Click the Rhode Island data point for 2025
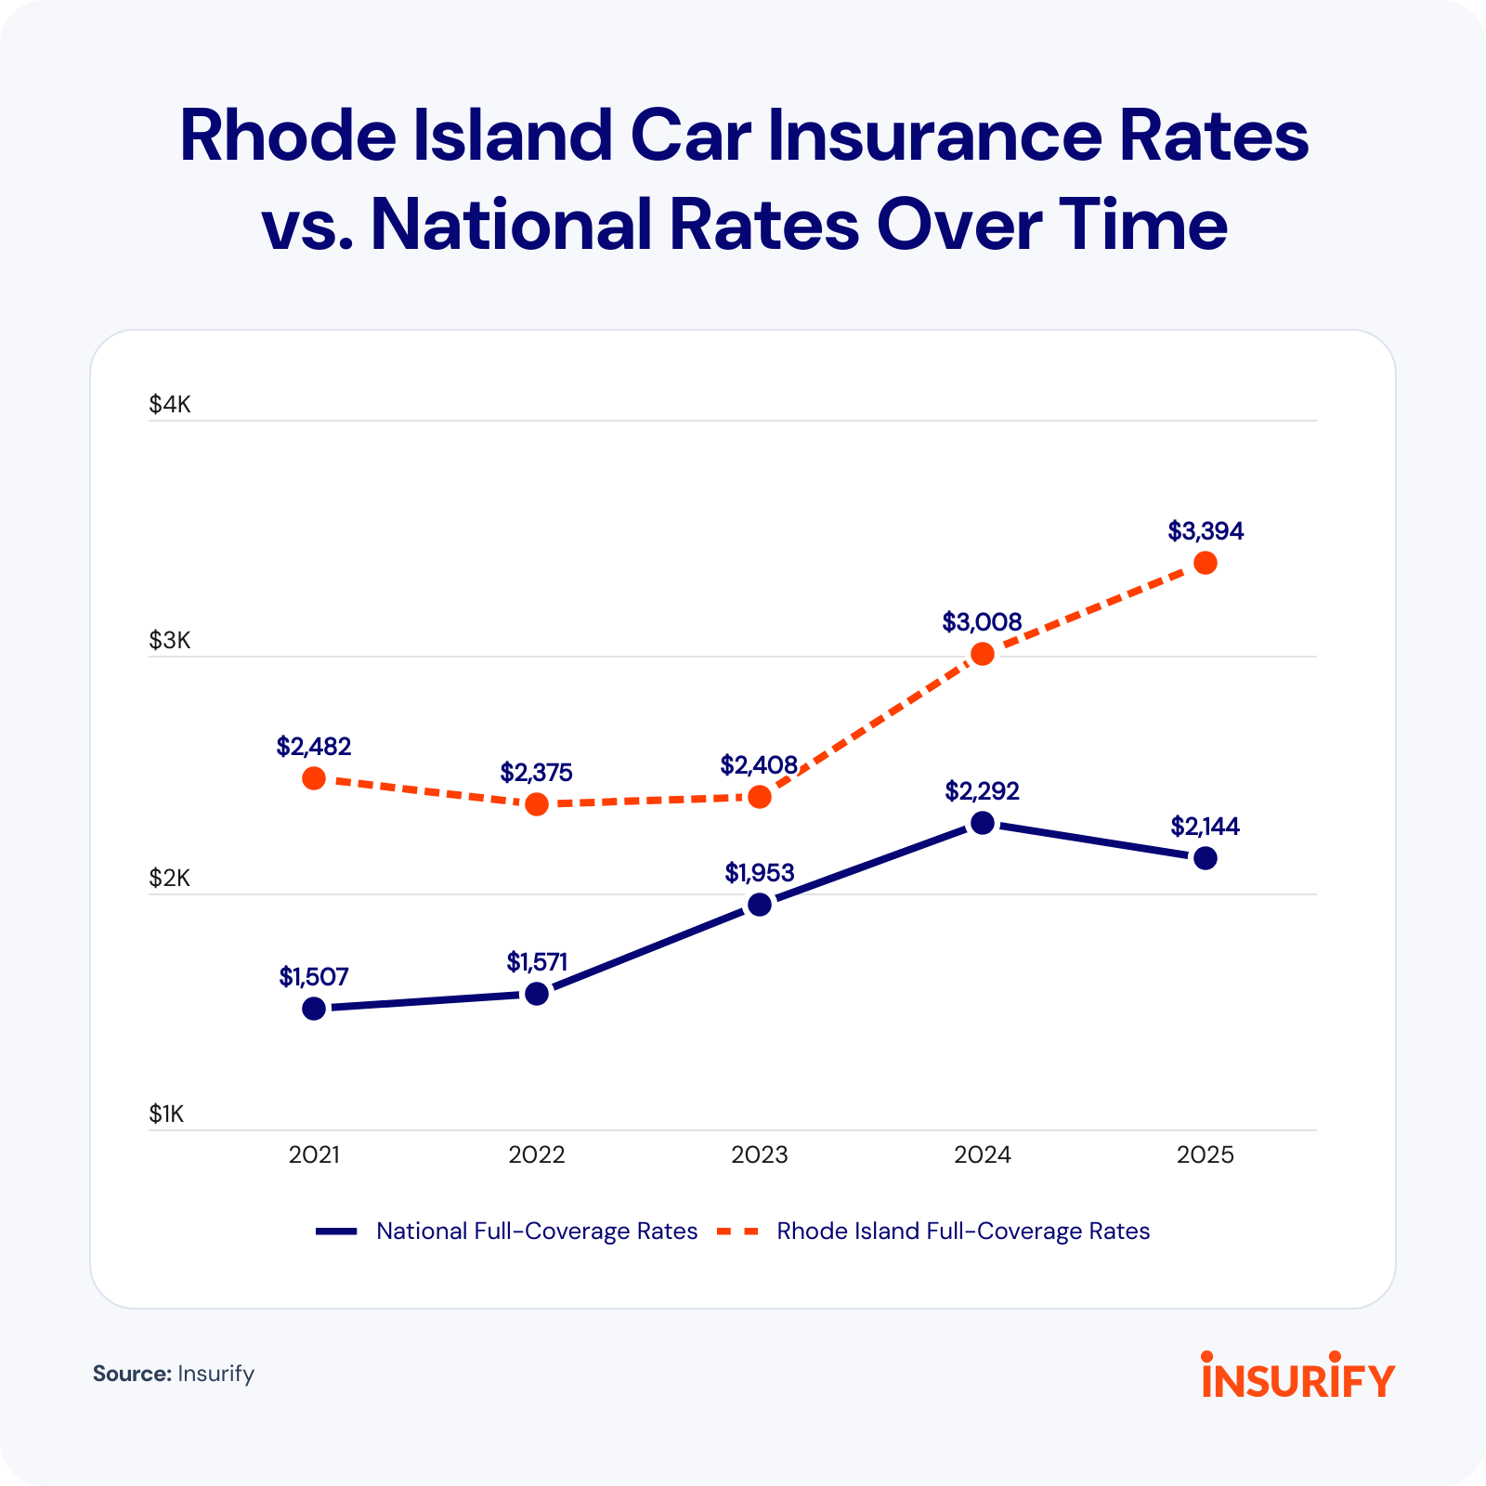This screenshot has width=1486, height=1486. pyautogui.click(x=1205, y=563)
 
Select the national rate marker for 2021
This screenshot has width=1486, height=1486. pyautogui.click(x=314, y=1009)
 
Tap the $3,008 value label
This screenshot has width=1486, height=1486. pyautogui.click(x=982, y=622)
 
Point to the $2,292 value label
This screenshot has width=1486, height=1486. pyautogui.click(x=982, y=791)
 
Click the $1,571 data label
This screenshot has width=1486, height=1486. pyautogui.click(x=537, y=962)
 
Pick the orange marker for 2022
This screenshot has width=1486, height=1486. pyautogui.click(x=537, y=804)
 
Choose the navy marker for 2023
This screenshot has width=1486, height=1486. pyautogui.click(x=760, y=905)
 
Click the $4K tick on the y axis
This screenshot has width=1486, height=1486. pyautogui.click(x=169, y=405)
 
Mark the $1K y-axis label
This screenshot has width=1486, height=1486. pyautogui.click(x=167, y=1114)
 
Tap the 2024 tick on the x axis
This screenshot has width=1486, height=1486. pyautogui.click(x=983, y=1155)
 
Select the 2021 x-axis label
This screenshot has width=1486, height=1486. pyautogui.click(x=314, y=1155)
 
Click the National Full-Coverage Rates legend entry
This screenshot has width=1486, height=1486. pyautogui.click(x=536, y=1232)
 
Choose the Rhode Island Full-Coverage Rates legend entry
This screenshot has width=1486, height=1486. pyautogui.click(x=963, y=1232)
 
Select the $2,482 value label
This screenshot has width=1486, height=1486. pyautogui.click(x=314, y=747)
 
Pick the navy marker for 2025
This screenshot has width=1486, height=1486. pyautogui.click(x=1205, y=858)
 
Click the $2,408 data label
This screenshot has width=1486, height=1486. pyautogui.click(x=759, y=765)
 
